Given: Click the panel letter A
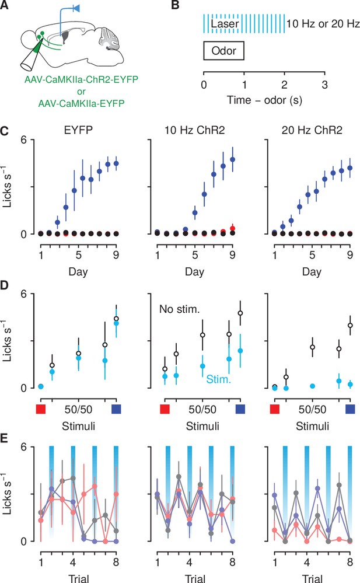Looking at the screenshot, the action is [x=4, y=6].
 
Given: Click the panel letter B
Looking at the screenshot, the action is [x=175, y=6].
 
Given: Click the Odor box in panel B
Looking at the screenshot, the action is [x=223, y=51].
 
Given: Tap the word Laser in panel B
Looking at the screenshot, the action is [x=225, y=24].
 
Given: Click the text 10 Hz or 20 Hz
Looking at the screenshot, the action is [x=323, y=24].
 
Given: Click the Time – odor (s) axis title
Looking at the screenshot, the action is [x=264, y=100].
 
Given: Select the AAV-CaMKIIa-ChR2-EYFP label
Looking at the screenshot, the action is [x=81, y=79].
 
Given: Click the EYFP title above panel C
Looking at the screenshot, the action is [x=78, y=130].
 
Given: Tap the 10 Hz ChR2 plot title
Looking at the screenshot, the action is [x=194, y=130].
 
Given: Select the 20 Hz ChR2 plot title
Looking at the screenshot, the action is [x=312, y=130].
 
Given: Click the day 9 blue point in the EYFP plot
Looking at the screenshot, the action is [x=116, y=163].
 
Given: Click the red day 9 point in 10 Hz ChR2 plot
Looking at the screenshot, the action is [x=232, y=228].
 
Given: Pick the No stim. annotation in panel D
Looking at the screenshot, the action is [x=180, y=309].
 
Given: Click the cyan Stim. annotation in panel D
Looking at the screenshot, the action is [x=219, y=379].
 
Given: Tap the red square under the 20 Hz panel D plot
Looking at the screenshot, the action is [x=275, y=409].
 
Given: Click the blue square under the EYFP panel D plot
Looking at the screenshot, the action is [x=116, y=409].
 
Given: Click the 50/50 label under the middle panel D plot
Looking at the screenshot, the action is [x=202, y=410].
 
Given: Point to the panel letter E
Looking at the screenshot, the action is [x=4, y=438].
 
